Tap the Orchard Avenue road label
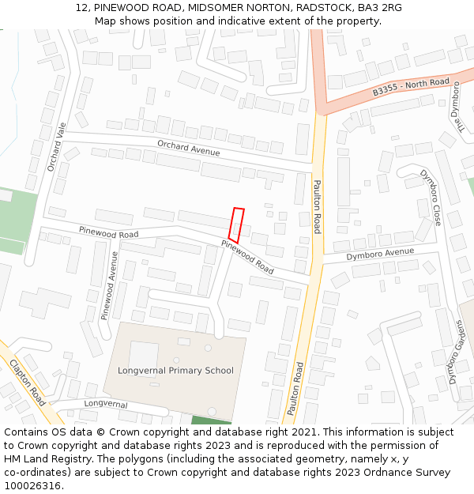(x=188, y=147)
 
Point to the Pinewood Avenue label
(x=109, y=285)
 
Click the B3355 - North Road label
(x=411, y=88)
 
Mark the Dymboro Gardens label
(x=456, y=353)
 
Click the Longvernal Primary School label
(x=175, y=370)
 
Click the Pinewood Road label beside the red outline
(x=247, y=257)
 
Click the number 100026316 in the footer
(x=32, y=485)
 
